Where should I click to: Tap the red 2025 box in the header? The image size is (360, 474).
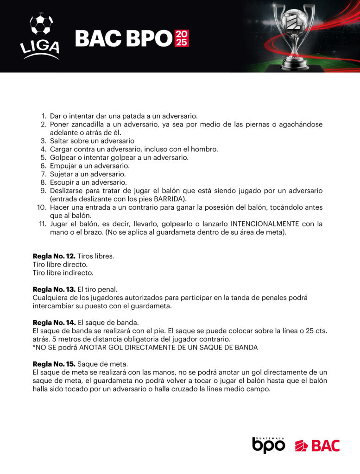click(x=182, y=38)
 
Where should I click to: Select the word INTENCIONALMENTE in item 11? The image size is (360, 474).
click(x=266, y=224)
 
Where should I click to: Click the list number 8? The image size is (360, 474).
click(x=44, y=182)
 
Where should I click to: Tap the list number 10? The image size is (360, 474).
click(x=42, y=207)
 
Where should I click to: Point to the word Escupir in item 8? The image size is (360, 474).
click(x=62, y=182)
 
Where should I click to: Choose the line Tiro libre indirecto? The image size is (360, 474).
click(x=63, y=273)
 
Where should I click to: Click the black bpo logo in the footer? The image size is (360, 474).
click(x=268, y=445)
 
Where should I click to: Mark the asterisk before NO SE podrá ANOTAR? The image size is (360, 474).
click(x=34, y=347)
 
